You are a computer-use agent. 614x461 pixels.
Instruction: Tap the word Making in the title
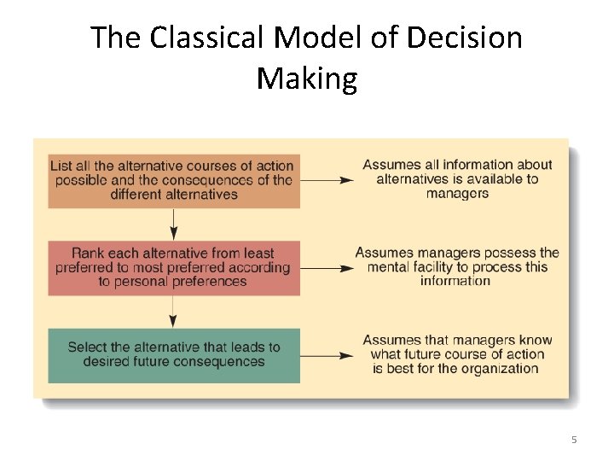click(306, 79)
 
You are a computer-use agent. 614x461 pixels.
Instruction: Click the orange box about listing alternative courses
click(174, 180)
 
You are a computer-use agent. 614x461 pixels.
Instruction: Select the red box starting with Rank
click(174, 267)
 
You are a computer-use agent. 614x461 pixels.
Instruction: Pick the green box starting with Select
click(174, 354)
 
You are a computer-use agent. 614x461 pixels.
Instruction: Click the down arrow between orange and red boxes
click(174, 224)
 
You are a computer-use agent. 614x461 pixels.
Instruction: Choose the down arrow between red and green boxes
click(174, 312)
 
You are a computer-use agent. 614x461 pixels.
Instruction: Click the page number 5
click(574, 440)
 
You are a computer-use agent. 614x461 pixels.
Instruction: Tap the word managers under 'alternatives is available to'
click(457, 194)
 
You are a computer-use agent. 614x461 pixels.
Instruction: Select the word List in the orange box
click(61, 166)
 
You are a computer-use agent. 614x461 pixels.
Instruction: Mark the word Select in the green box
click(89, 347)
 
